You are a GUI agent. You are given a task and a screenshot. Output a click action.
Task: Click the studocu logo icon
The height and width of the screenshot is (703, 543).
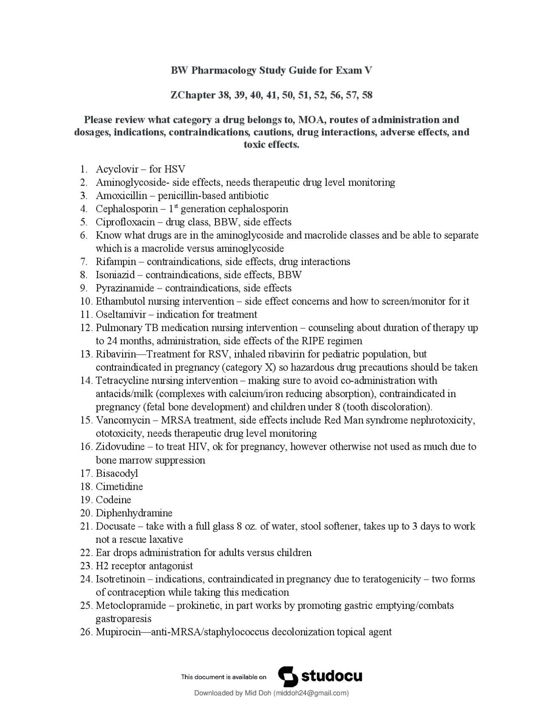click(x=288, y=676)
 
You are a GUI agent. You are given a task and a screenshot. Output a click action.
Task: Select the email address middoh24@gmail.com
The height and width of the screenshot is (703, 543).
click(x=310, y=693)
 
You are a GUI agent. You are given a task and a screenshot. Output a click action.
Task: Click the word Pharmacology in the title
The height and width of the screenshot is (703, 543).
click(x=224, y=70)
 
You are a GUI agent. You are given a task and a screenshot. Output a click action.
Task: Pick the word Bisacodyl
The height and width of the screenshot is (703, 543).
click(x=117, y=473)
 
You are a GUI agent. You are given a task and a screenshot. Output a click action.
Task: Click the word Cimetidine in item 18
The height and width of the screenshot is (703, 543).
click(x=119, y=486)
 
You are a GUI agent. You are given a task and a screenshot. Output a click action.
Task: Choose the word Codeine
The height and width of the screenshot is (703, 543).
click(x=113, y=500)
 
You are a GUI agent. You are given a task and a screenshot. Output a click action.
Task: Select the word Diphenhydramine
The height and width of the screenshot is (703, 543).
click(x=134, y=513)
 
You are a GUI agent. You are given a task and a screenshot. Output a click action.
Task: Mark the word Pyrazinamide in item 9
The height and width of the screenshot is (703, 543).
click(x=125, y=288)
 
